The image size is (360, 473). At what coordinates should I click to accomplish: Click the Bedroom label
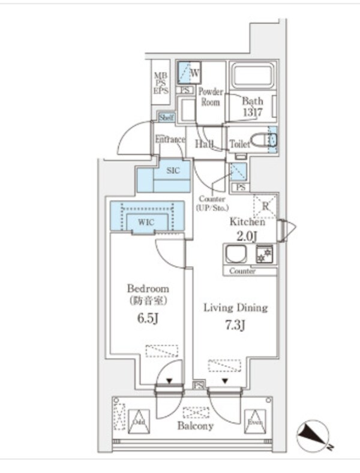click(x=148, y=288)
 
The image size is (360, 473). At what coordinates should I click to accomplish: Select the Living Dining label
click(x=235, y=308)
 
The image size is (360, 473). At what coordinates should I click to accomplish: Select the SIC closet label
click(x=173, y=170)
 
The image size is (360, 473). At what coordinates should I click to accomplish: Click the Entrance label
click(x=170, y=140)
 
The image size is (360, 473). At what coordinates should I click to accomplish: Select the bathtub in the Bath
click(x=253, y=76)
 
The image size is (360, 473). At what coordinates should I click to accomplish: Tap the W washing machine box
click(x=190, y=73)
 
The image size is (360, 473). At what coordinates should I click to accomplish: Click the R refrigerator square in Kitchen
click(x=264, y=206)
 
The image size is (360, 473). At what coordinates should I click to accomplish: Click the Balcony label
click(x=196, y=426)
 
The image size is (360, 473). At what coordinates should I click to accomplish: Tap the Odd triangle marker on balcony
click(x=139, y=420)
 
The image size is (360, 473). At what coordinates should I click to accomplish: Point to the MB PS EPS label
click(x=161, y=83)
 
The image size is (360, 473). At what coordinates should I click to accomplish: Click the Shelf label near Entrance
click(x=166, y=118)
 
